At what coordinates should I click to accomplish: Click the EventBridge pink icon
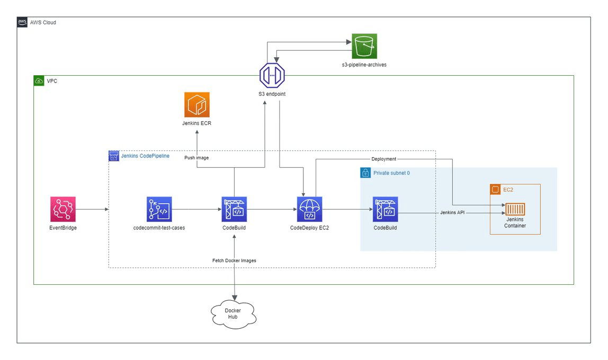(63, 209)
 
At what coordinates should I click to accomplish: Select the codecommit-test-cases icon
(159, 209)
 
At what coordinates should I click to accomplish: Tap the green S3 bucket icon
(364, 47)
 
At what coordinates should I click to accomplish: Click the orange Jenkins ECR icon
(197, 104)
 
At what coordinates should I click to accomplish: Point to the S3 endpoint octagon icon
(272, 76)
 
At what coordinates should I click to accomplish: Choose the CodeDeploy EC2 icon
(310, 209)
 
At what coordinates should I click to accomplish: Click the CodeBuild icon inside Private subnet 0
(386, 209)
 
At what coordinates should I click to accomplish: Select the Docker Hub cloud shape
(233, 313)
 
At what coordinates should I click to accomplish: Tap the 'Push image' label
(197, 158)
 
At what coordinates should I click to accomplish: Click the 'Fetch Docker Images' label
(234, 260)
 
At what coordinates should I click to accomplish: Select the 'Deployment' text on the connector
(383, 159)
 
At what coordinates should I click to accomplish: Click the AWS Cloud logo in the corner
(22, 22)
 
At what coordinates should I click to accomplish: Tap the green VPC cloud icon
(39, 81)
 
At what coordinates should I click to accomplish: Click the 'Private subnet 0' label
(391, 173)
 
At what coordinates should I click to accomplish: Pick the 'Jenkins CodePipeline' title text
(145, 156)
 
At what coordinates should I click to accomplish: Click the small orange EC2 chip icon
(495, 189)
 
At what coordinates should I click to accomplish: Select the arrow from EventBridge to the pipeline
(92, 209)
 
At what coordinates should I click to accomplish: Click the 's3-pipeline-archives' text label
(364, 65)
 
